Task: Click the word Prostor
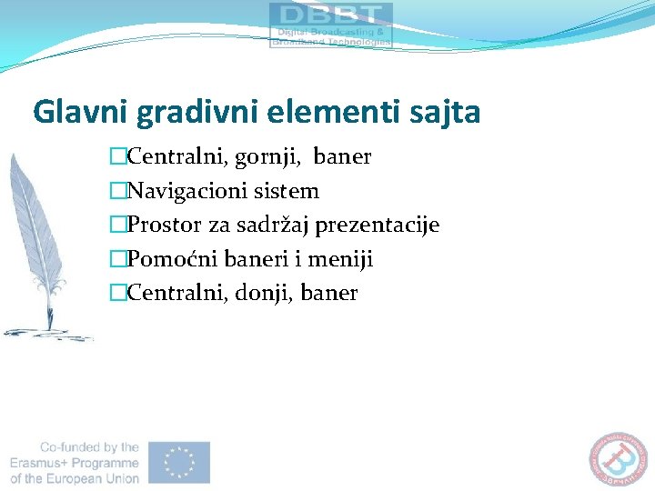(160, 225)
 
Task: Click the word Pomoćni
(165, 259)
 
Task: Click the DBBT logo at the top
(331, 25)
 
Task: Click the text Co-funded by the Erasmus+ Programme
(76, 462)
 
